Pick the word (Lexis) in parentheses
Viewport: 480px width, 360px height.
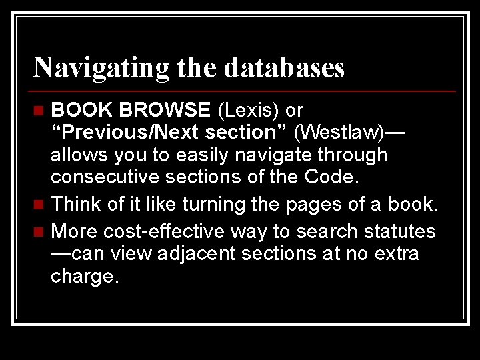click(x=249, y=109)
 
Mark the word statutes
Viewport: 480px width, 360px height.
click(x=399, y=231)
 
